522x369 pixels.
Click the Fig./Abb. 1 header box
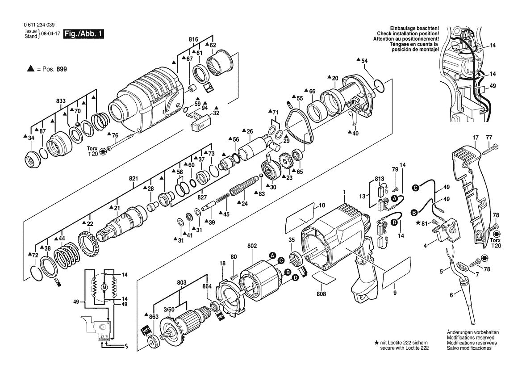84,34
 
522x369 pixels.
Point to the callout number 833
61,101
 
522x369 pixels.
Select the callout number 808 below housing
321,294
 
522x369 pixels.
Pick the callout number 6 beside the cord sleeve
451,294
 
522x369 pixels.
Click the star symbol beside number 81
418,223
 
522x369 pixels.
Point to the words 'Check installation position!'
408,34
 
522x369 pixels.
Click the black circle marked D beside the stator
295,278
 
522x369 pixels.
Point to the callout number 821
133,178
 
